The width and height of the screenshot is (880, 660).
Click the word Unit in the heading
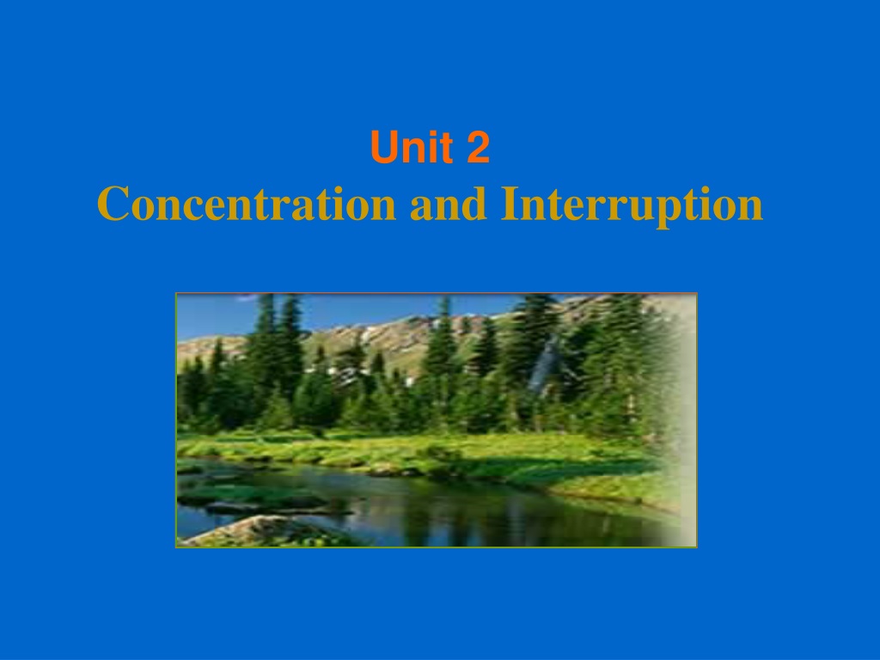click(412, 147)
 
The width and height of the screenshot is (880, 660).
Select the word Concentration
click(247, 203)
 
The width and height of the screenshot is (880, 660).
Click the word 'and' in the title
click(448, 203)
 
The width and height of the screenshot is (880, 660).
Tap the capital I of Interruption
click(510, 203)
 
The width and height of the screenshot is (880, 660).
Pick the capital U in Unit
click(383, 148)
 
